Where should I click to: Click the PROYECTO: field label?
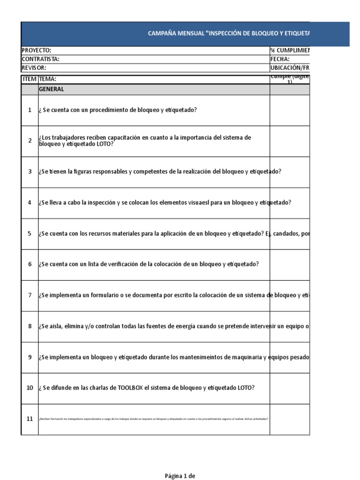click(x=37, y=51)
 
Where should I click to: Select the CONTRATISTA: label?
click(x=41, y=59)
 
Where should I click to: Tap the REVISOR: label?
click(x=34, y=67)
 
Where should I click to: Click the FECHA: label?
click(x=280, y=59)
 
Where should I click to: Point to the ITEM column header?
click(x=30, y=79)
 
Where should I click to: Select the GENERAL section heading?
click(x=52, y=89)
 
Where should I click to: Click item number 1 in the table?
click(x=30, y=110)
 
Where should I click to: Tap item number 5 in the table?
click(x=30, y=233)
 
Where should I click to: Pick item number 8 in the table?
click(x=30, y=326)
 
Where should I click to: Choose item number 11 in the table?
click(x=30, y=419)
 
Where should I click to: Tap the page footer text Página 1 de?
click(x=180, y=476)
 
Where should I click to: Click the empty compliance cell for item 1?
click(x=289, y=110)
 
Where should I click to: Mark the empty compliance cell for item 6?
click(x=289, y=264)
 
